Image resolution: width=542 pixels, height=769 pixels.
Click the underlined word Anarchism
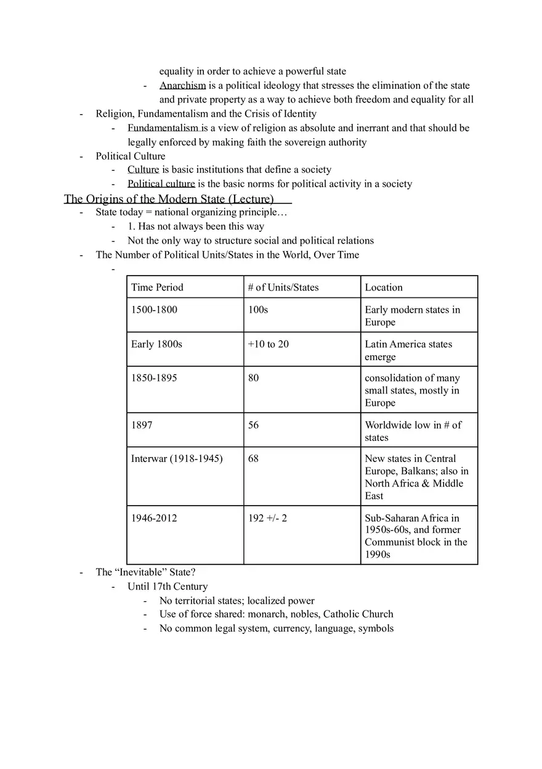[182, 86]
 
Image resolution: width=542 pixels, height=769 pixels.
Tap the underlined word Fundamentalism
[163, 128]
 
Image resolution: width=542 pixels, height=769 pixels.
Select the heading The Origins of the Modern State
[169, 199]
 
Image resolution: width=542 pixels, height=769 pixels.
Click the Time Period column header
[157, 287]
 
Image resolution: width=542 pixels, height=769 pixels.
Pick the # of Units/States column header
[283, 287]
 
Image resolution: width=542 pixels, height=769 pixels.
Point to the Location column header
[384, 287]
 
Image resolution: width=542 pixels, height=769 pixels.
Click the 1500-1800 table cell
[154, 310]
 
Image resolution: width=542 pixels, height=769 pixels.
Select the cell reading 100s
[258, 310]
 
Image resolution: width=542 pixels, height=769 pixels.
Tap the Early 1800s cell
[156, 344]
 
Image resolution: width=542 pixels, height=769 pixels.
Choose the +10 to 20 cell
[268, 344]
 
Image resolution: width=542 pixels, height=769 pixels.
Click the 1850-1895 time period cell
[154, 378]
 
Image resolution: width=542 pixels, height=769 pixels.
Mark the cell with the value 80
[254, 378]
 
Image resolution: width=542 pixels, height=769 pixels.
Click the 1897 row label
[142, 425]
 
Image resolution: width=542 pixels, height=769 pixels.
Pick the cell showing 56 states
[254, 425]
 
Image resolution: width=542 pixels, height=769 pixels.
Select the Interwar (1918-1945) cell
[177, 459]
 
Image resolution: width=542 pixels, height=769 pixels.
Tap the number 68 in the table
[254, 459]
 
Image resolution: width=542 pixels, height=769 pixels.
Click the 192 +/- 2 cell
[267, 518]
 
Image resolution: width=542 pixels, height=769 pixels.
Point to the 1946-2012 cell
[154, 518]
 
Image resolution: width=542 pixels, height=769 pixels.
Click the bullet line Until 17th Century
[168, 586]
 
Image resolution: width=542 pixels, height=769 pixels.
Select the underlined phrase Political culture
[161, 184]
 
